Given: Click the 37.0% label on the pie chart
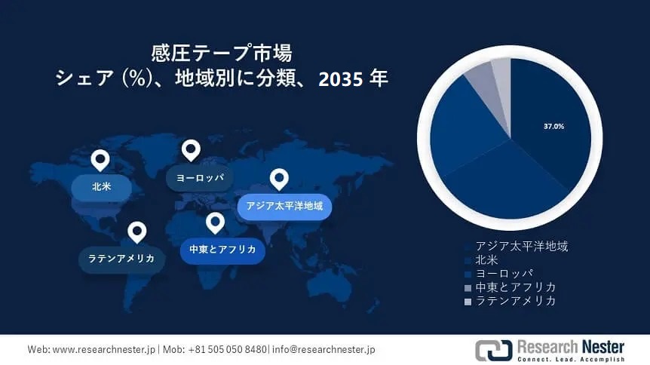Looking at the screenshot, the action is (x=553, y=126).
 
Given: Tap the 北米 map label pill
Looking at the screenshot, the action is (x=102, y=187).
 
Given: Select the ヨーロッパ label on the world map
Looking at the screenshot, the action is (x=200, y=178).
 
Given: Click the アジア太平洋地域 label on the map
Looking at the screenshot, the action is (x=284, y=206).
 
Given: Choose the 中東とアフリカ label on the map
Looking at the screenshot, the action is (x=222, y=250).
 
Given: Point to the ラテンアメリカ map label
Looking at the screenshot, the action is (x=121, y=259).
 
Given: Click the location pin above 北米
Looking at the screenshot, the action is (x=100, y=160).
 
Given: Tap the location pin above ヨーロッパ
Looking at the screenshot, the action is (x=191, y=151).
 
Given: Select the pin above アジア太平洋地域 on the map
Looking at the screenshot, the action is (x=279, y=179).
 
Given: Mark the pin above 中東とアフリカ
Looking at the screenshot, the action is (x=215, y=222).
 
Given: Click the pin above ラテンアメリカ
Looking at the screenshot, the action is (x=137, y=232).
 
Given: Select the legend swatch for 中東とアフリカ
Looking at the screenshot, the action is (x=468, y=288).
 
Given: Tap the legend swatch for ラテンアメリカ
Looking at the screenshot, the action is (x=468, y=302).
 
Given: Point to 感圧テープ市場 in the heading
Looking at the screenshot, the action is (x=222, y=53).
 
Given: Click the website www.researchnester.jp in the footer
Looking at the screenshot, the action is (x=103, y=349).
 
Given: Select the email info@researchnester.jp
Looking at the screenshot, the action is (x=323, y=349).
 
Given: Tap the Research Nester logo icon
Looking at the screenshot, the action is (x=494, y=350).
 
